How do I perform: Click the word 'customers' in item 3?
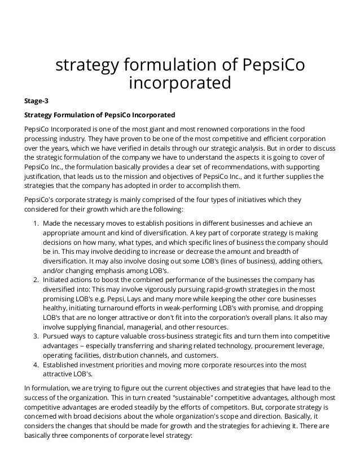[x=197, y=356]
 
